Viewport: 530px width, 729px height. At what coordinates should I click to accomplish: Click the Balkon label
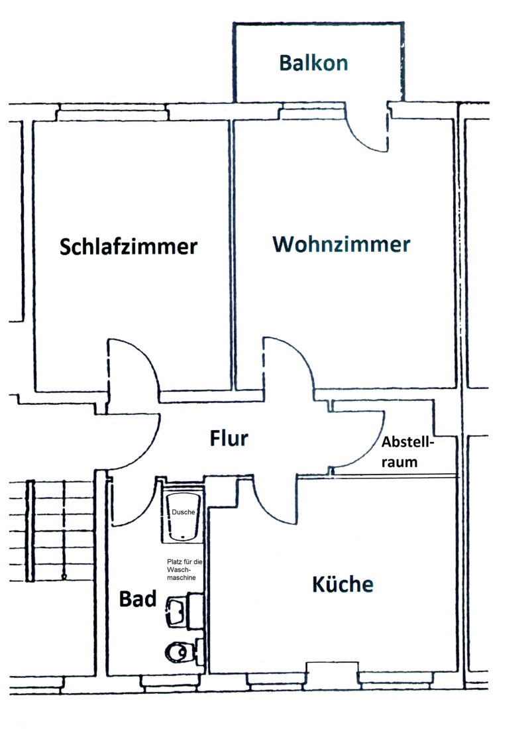click(313, 63)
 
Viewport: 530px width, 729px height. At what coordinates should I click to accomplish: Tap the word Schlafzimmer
click(129, 246)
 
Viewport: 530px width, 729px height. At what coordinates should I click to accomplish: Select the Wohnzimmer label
click(341, 244)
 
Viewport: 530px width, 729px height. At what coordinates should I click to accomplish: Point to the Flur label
click(229, 438)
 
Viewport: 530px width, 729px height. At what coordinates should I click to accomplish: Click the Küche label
click(343, 583)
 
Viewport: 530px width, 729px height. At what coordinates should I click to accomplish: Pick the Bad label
click(138, 599)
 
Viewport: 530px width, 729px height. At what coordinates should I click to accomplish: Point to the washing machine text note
click(185, 569)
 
